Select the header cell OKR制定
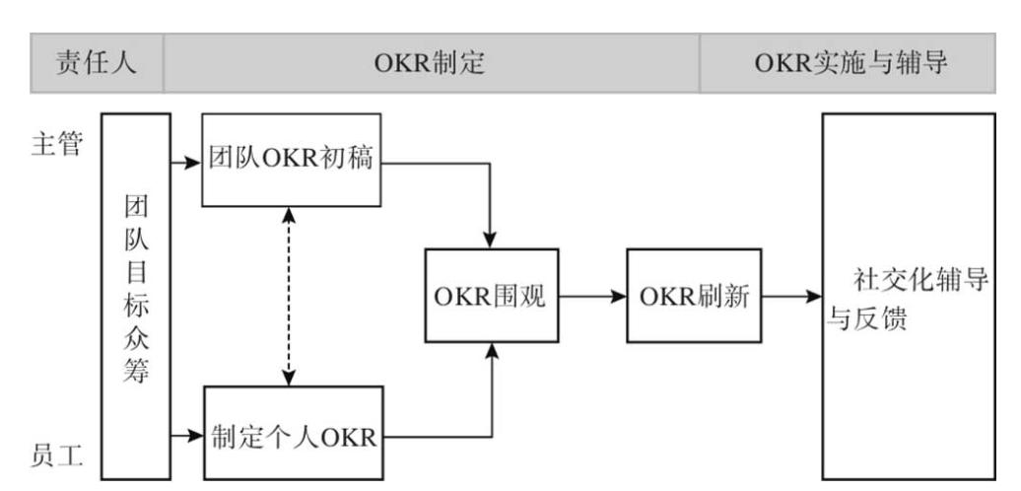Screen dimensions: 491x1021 pyautogui.click(x=432, y=65)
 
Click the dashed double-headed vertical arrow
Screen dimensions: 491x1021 pyautogui.click(x=287, y=296)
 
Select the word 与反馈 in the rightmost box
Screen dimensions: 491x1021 pyautogui.click(x=867, y=322)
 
